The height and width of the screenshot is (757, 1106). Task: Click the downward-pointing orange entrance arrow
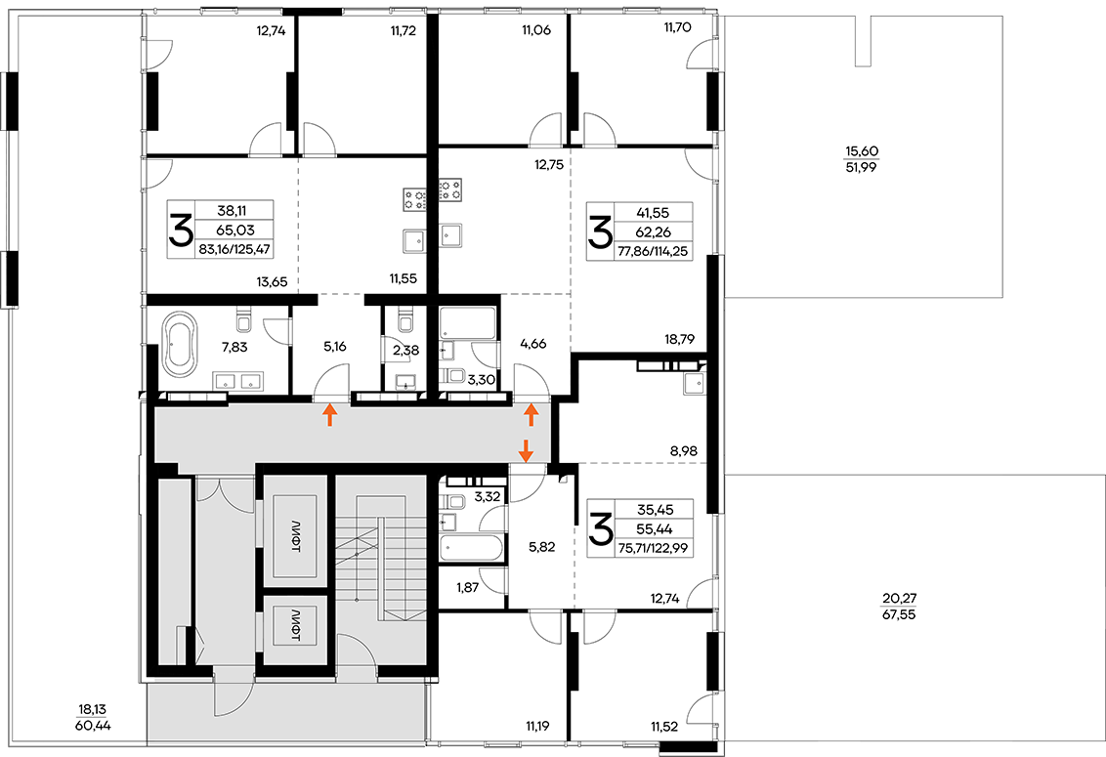[526, 449]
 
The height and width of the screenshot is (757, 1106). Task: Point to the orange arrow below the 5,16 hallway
[328, 415]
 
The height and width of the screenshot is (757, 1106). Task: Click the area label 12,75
[548, 166]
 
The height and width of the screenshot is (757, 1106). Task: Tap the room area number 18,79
[679, 339]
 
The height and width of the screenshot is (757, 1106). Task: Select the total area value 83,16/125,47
[234, 249]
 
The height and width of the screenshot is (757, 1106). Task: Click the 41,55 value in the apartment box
[654, 212]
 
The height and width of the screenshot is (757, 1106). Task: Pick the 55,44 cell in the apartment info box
[654, 529]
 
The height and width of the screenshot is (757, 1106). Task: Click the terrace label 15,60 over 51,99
[861, 159]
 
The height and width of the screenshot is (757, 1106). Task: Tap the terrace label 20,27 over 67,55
[899, 607]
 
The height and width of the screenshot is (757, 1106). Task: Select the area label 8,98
[684, 451]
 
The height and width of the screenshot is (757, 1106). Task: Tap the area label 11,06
[536, 30]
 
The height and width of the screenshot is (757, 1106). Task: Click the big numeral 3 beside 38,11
[181, 230]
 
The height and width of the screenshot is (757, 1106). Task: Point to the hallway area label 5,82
[541, 547]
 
